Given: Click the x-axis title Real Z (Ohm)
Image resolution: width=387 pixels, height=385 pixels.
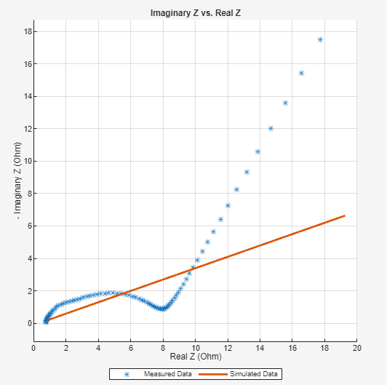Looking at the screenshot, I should click(x=194, y=357).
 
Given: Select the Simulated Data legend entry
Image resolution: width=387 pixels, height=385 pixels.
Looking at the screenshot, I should click(x=251, y=374).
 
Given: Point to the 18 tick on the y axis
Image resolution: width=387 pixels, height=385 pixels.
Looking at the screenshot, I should click(x=26, y=31).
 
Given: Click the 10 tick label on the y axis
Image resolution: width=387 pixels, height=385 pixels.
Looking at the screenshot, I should click(x=26, y=161).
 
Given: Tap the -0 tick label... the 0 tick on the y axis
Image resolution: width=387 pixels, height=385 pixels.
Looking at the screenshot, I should click(x=28, y=323).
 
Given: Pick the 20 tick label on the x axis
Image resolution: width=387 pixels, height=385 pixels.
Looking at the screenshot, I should click(x=356, y=348).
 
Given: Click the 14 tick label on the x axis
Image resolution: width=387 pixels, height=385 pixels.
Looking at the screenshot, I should click(x=260, y=348).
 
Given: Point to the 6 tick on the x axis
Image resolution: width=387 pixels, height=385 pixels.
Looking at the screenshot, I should click(x=131, y=348).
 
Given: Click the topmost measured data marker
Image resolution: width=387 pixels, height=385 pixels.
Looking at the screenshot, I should click(x=320, y=39).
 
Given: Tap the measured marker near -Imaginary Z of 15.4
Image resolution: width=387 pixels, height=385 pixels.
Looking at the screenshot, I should click(x=301, y=73).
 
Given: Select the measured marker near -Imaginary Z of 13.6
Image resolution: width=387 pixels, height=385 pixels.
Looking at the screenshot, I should click(x=285, y=103).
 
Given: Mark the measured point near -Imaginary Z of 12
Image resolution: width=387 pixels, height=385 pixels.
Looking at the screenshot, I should click(x=271, y=128).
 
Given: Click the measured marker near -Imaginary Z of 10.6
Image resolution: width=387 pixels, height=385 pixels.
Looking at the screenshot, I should click(x=258, y=151).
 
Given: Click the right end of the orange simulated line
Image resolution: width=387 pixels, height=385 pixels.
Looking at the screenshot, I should click(x=344, y=215).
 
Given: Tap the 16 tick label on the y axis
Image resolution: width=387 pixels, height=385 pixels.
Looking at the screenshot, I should click(x=26, y=64).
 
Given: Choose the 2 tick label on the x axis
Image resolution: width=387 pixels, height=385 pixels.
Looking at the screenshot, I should click(x=66, y=348).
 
